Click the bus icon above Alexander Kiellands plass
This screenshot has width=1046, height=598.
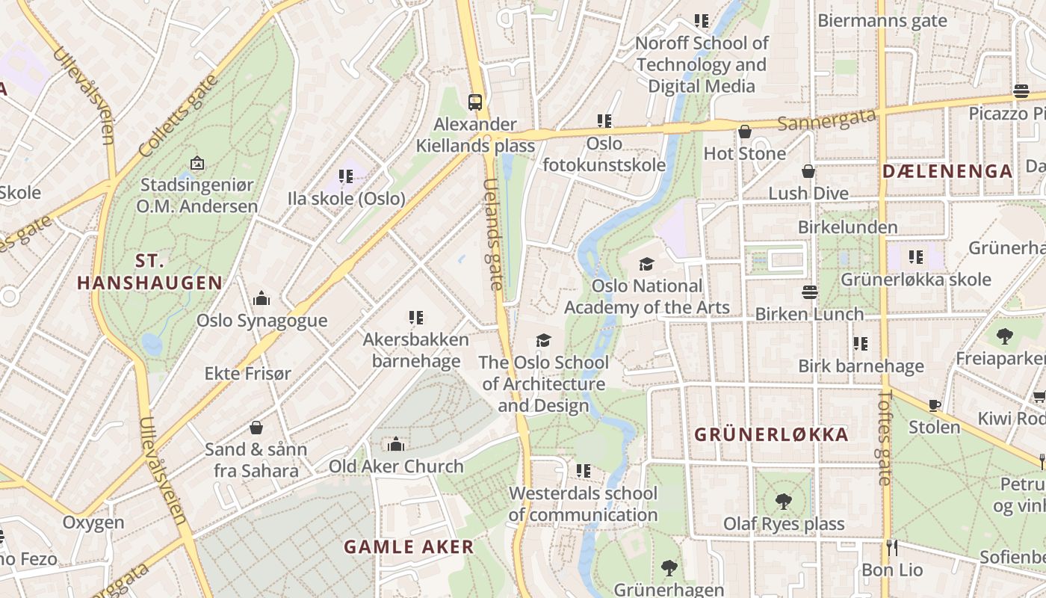coord(474,102)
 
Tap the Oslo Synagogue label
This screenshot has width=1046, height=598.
coord(261,321)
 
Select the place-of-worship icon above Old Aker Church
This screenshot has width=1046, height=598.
coord(396,445)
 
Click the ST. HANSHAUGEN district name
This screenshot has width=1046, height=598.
coord(149,272)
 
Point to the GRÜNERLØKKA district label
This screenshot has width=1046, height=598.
coord(771,434)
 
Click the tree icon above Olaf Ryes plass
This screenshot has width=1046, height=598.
coord(784,502)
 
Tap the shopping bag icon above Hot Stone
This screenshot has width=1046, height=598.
coord(745,132)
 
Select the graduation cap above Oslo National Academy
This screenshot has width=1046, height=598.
coord(646,264)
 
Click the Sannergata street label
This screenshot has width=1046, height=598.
coord(826,119)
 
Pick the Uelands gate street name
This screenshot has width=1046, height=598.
coord(493,234)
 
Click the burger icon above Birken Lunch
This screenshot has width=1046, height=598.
coord(809,292)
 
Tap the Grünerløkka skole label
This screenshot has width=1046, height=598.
coord(915,280)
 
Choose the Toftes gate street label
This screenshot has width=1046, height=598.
coord(885,437)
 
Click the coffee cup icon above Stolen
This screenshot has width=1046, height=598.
coord(934,405)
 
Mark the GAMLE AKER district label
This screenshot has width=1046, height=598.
coord(409,546)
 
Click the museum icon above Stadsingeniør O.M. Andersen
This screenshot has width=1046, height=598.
coord(197,162)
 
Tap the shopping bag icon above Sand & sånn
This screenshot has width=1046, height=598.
coord(256,428)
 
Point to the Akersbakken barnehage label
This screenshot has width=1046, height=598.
coord(416,351)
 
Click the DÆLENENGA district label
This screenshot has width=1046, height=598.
coord(947,171)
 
